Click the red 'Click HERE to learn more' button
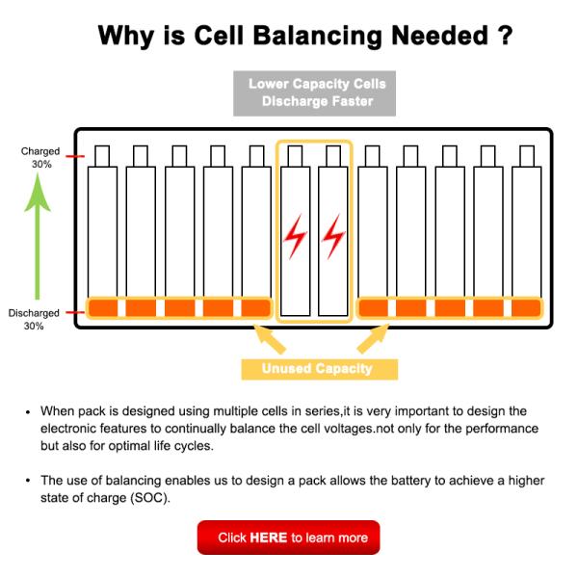click(x=288, y=538)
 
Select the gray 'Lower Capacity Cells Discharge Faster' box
click(x=317, y=92)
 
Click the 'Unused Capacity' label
click(x=317, y=368)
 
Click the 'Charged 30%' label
click(x=40, y=157)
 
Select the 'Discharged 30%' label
click(x=35, y=319)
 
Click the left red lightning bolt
click(x=295, y=235)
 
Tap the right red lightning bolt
click(x=333, y=235)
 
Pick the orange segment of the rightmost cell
click(x=526, y=308)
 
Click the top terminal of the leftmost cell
click(x=102, y=155)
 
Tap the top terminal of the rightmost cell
click(x=526, y=155)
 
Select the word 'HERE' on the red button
click(x=269, y=538)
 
